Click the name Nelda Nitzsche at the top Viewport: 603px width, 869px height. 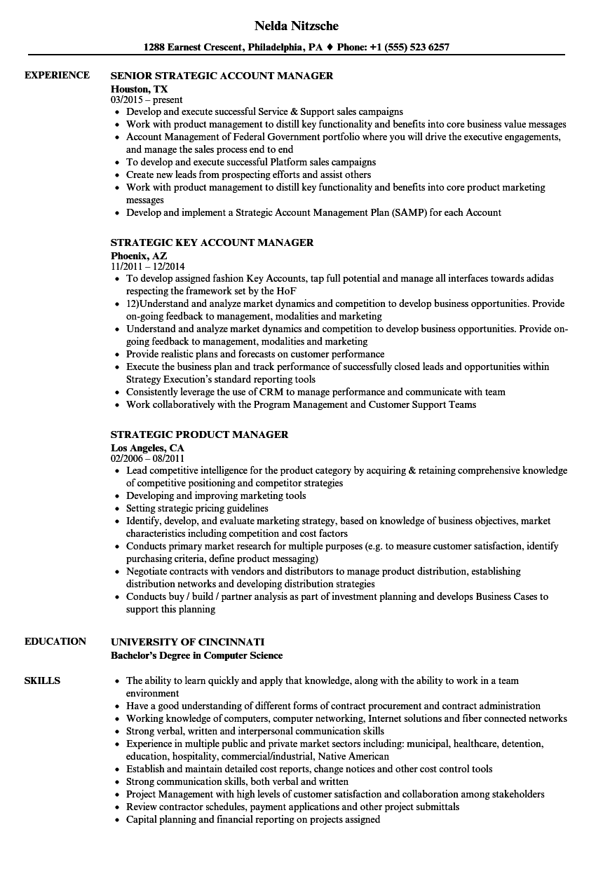pos(296,26)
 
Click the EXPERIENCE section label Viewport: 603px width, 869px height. pos(57,75)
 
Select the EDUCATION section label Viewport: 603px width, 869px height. pos(55,641)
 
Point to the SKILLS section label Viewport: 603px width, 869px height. pos(42,680)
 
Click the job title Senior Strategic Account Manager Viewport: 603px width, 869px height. pos(222,76)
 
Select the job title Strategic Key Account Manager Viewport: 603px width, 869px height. pos(212,242)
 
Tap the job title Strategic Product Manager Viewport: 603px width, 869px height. pos(200,434)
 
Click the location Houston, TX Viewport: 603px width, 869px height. pos(140,89)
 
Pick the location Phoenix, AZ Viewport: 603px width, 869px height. pos(139,256)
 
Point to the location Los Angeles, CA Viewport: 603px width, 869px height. pos(147,447)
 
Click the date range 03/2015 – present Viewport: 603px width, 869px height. pos(147,100)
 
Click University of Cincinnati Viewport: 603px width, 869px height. pos(188,641)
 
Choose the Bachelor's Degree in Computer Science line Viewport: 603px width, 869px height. pos(197,655)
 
